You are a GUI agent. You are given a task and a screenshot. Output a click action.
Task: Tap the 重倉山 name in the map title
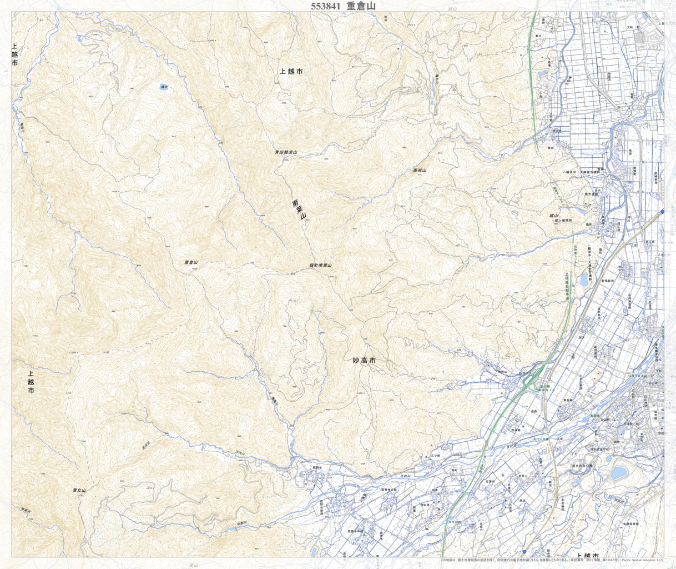(x=361, y=6)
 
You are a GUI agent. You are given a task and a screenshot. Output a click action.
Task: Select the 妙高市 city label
(x=364, y=361)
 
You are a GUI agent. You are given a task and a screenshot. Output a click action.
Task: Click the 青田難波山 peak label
(x=286, y=152)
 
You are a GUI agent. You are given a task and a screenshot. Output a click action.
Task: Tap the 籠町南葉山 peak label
(x=320, y=266)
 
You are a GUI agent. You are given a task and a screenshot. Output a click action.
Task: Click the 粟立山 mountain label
(x=79, y=491)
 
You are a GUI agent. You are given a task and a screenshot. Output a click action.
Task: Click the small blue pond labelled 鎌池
(x=164, y=87)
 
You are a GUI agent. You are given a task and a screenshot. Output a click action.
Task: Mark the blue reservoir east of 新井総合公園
(x=617, y=473)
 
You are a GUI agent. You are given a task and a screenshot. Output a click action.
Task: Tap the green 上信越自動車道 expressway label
(x=568, y=286)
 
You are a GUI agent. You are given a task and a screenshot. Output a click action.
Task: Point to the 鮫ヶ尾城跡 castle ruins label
(x=563, y=221)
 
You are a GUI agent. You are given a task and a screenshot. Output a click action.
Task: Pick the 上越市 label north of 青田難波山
(x=291, y=72)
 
